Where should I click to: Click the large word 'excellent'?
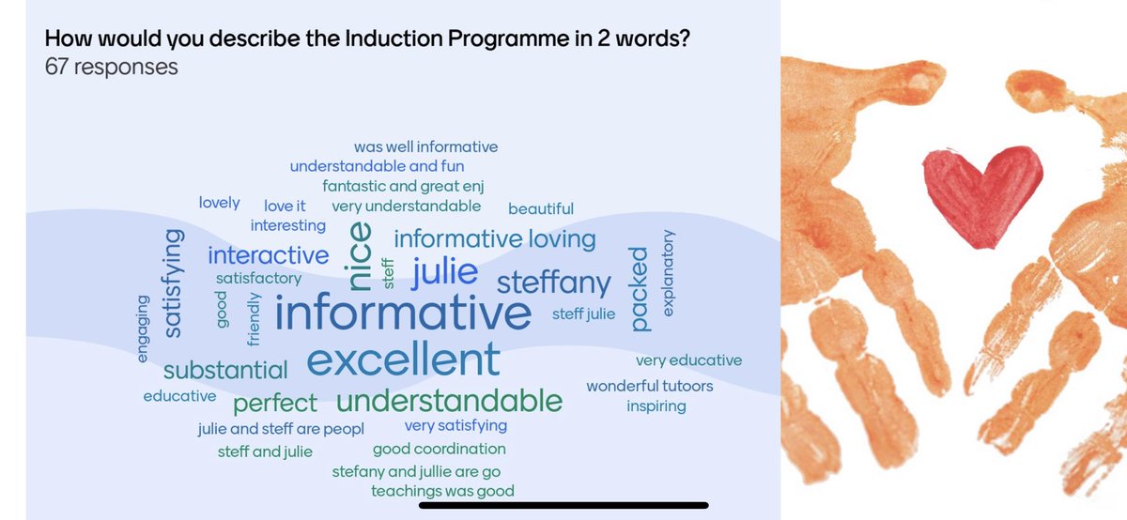[403, 359]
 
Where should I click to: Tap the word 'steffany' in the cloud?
[553, 282]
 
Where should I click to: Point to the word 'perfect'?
[275, 404]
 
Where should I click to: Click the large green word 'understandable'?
[449, 401]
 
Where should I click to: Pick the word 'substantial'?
[225, 370]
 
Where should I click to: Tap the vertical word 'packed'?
[639, 288]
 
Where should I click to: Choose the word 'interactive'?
[269, 255]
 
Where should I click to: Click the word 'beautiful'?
[540, 208]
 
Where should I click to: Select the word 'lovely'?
[219, 203]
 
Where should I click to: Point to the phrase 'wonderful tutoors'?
[649, 386]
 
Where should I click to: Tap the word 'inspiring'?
[656, 406]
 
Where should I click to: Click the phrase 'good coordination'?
[439, 449]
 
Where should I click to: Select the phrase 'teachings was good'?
[442, 491]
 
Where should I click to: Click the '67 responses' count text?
[111, 67]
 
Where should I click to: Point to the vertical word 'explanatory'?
[669, 271]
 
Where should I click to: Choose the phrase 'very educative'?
[688, 360]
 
